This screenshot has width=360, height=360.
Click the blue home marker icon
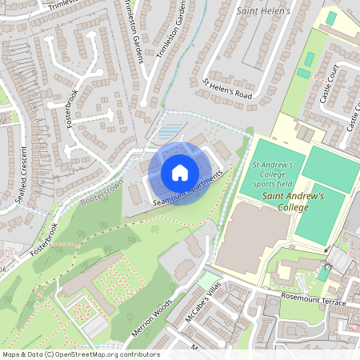click(x=180, y=173)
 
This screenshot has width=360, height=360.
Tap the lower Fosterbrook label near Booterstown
click(x=45, y=239)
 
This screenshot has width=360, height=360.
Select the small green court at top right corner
click(x=331, y=18)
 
